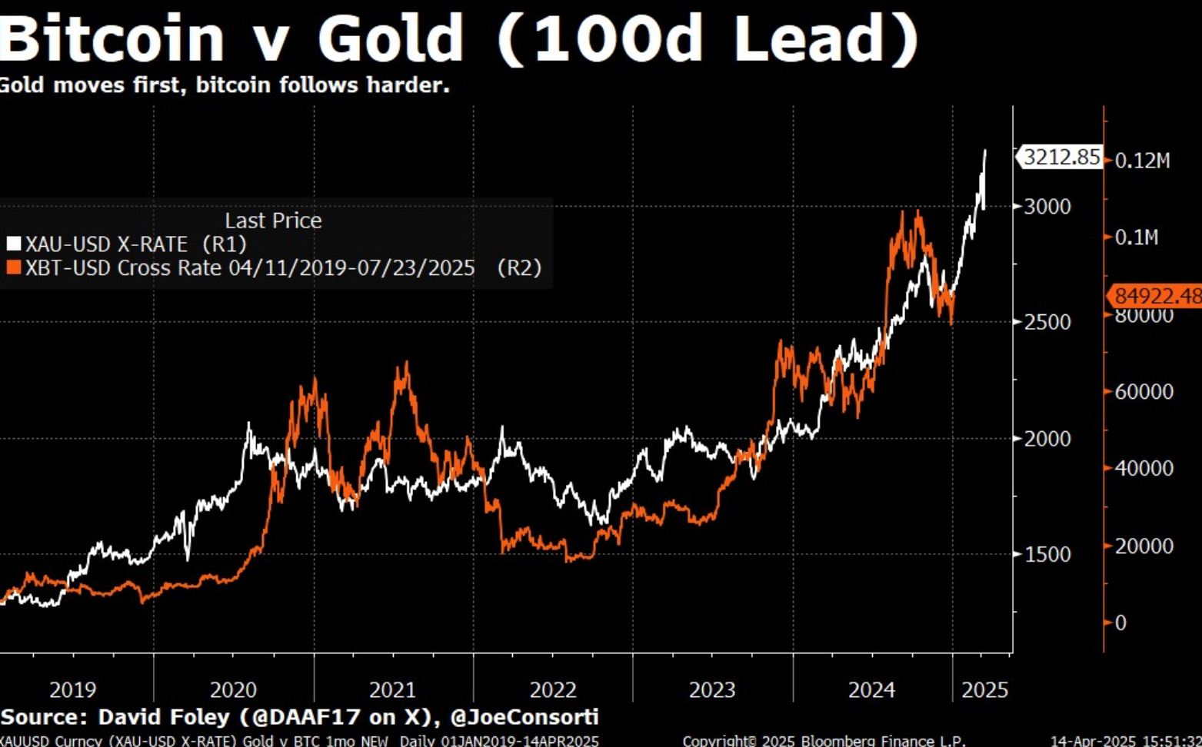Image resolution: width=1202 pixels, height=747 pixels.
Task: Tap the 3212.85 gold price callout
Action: [1061, 158]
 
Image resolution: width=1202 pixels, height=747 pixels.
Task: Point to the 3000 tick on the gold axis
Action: [1047, 206]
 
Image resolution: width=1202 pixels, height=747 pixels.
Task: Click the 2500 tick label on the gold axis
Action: [1047, 322]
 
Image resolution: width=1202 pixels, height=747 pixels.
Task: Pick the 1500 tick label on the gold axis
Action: [1047, 554]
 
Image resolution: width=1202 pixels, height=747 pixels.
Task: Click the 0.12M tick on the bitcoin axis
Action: [1142, 161]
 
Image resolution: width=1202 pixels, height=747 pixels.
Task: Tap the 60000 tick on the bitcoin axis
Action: [1144, 391]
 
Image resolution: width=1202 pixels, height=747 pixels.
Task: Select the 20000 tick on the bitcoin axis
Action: [1144, 546]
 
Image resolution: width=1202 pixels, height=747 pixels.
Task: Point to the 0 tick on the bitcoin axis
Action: [1120, 622]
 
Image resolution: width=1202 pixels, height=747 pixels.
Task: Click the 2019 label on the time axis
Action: [72, 689]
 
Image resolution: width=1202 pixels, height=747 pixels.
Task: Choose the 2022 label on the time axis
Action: [552, 689]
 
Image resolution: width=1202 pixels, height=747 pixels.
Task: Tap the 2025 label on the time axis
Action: [984, 689]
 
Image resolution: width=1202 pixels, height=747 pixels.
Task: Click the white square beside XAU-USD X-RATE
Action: [13, 244]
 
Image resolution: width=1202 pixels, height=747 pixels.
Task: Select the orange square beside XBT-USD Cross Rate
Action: [13, 267]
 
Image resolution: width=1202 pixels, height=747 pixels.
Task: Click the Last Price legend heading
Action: [273, 221]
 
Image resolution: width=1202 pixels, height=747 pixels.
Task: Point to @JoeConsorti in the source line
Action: [524, 717]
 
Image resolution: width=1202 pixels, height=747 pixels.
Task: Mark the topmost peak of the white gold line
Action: [985, 151]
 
